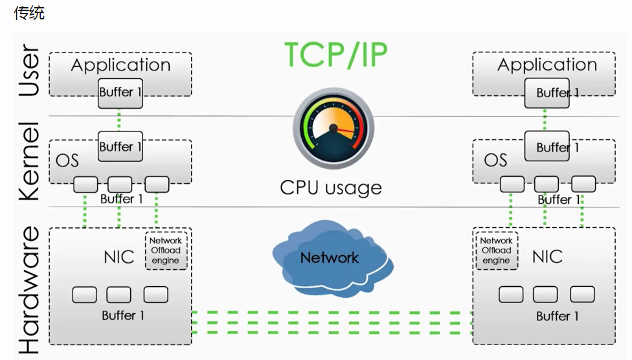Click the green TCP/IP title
(x=335, y=55)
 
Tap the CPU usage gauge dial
(x=333, y=128)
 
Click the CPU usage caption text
(x=331, y=188)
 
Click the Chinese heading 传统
(x=29, y=13)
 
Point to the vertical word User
(x=29, y=70)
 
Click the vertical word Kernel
(x=29, y=161)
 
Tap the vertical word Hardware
(x=29, y=290)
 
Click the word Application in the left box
(x=120, y=65)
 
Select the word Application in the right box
(x=547, y=65)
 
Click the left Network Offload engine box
(x=166, y=251)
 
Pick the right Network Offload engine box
(x=497, y=251)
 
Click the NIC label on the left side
(x=119, y=257)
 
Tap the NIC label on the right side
(x=547, y=257)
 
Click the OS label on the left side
(x=67, y=161)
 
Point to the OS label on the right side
(x=495, y=160)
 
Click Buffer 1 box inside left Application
(x=120, y=93)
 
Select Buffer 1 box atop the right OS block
(x=547, y=146)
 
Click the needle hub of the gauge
(x=333, y=128)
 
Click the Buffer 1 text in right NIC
(x=558, y=316)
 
